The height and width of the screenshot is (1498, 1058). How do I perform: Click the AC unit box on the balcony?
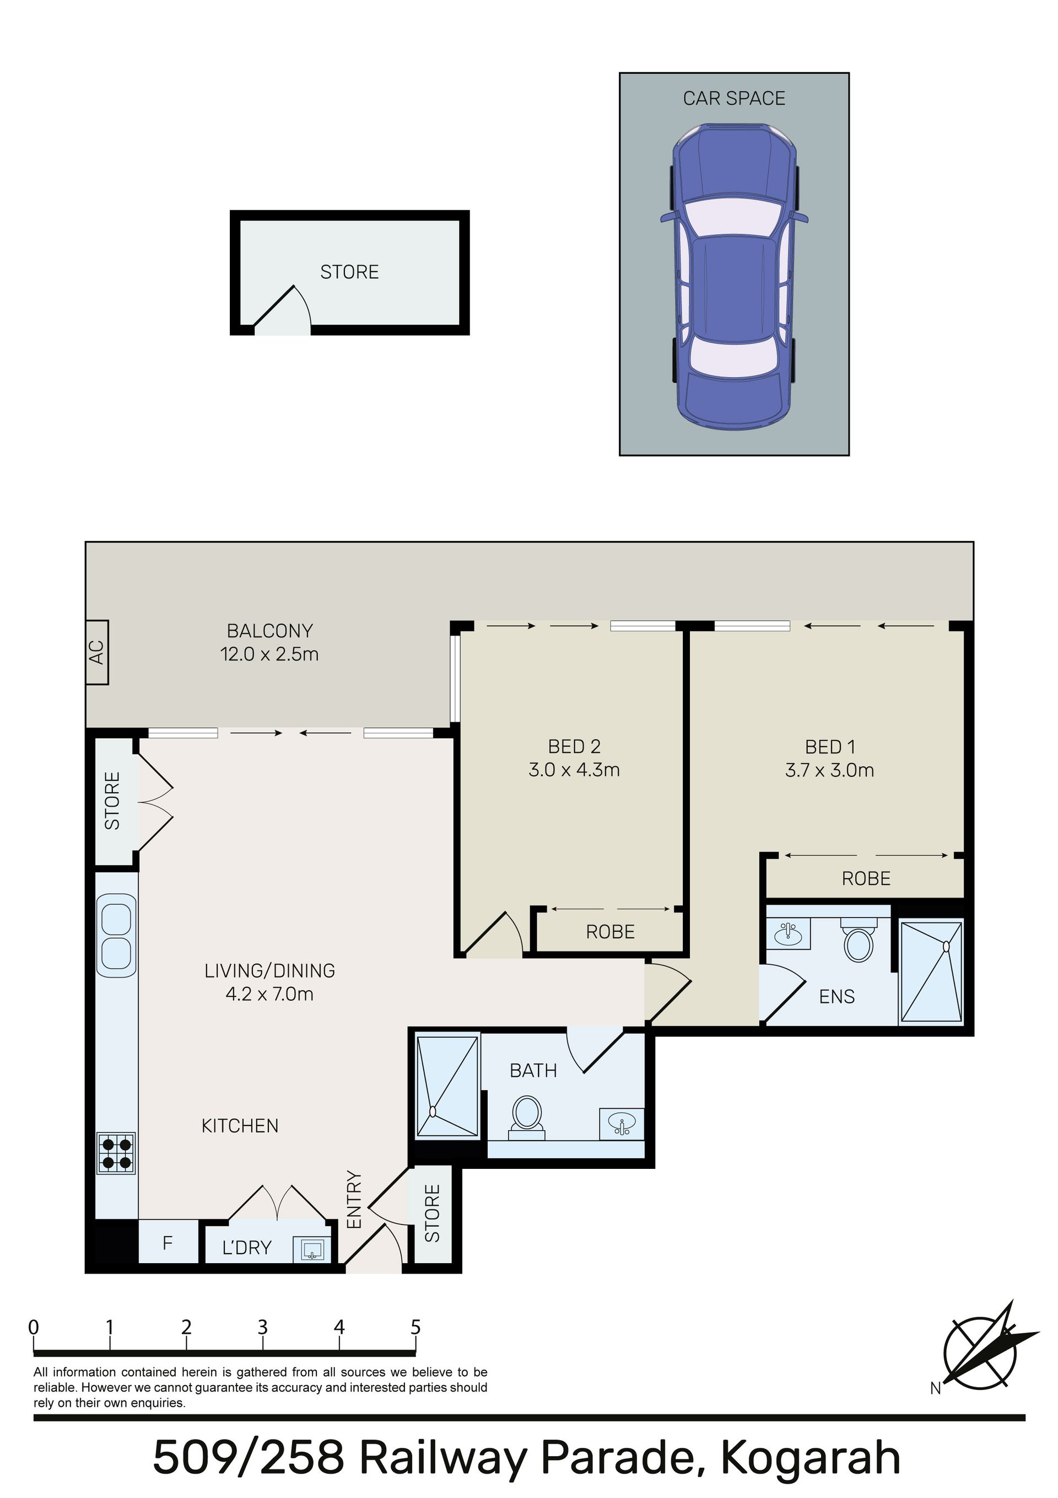click(96, 652)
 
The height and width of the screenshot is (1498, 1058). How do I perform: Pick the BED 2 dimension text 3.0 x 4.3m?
click(574, 770)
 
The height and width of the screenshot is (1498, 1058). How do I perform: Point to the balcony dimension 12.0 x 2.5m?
click(269, 654)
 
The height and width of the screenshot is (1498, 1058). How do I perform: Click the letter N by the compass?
click(935, 1389)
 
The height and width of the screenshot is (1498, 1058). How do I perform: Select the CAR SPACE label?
click(734, 99)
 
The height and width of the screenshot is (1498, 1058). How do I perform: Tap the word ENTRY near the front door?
click(354, 1200)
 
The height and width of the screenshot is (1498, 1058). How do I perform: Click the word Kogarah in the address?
click(811, 1458)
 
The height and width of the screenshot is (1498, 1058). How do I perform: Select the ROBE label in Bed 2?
click(611, 932)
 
